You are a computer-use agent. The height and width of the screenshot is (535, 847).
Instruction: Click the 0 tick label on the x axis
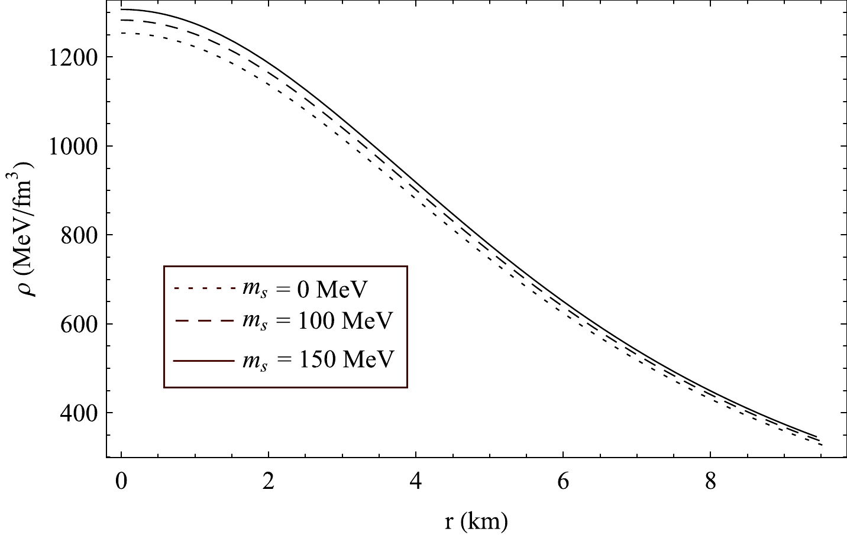click(121, 483)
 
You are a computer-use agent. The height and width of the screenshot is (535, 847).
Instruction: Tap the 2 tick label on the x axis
click(269, 483)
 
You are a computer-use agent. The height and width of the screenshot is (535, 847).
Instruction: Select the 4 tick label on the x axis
click(416, 483)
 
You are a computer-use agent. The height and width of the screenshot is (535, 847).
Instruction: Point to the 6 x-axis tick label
click(563, 483)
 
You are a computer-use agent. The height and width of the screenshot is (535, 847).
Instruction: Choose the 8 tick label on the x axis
click(710, 483)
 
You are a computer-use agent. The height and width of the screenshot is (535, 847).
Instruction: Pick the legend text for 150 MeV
click(317, 359)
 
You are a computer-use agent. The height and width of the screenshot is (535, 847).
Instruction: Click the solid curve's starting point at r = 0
click(121, 9)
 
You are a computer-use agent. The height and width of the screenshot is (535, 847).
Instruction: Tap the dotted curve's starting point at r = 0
click(121, 33)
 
